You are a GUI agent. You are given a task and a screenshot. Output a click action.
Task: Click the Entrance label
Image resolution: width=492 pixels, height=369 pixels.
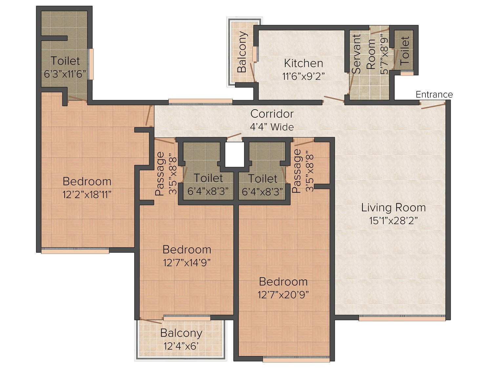434,94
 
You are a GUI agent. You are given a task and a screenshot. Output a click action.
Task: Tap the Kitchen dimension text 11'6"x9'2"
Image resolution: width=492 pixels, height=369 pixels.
303,76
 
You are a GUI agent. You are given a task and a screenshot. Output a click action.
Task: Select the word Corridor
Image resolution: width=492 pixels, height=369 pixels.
272,114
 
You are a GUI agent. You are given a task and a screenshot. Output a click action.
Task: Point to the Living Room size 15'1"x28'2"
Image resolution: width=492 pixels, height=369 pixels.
393,221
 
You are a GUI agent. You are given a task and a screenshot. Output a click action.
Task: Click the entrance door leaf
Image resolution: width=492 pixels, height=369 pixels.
433,106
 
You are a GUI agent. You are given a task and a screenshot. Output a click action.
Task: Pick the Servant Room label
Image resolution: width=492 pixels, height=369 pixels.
363,54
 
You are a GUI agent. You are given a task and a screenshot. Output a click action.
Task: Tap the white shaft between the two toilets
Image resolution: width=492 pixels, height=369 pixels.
235,154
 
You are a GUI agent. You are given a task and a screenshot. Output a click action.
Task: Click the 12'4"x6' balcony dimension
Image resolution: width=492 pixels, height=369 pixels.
181,346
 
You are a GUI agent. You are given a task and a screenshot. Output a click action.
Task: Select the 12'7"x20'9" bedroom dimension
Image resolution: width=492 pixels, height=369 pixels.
283,295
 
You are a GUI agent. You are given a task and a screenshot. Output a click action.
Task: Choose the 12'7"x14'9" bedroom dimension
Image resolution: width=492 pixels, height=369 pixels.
187,263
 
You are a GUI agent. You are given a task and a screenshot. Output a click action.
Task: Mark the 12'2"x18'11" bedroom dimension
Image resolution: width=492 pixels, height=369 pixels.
87,195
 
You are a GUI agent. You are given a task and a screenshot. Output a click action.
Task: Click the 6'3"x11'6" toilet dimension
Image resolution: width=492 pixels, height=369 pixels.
65,74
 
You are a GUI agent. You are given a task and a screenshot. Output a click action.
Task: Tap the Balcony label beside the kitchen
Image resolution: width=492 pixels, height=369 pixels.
242,52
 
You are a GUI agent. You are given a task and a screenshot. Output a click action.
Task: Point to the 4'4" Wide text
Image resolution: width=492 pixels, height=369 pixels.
272,127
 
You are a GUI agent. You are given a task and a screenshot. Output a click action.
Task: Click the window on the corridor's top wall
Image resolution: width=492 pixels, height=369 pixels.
200,101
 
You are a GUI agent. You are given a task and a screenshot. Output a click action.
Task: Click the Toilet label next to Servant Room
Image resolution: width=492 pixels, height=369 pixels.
405,51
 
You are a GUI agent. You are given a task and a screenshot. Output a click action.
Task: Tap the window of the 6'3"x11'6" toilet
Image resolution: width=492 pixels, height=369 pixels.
91,64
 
